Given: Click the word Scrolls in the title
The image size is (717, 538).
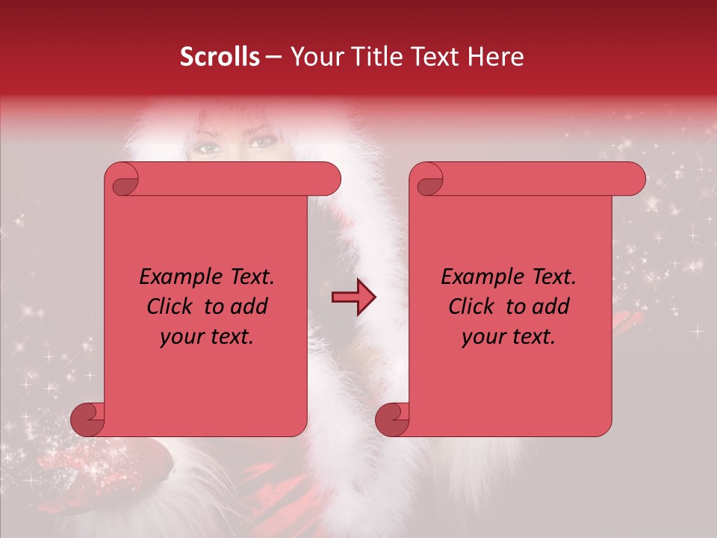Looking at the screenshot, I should [x=220, y=57].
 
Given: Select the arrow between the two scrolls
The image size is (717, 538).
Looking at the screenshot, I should [x=354, y=297].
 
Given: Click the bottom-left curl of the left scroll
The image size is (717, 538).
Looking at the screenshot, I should [x=88, y=420].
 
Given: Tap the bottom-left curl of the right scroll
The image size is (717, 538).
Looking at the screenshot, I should [x=393, y=420].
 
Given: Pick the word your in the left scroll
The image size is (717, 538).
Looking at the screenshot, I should [x=182, y=338].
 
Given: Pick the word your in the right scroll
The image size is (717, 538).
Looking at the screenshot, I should [x=484, y=338].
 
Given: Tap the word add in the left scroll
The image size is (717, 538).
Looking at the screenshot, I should [x=250, y=307].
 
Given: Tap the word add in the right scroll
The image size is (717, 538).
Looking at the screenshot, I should [x=552, y=307].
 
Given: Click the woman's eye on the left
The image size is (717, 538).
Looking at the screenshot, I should [x=208, y=146].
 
